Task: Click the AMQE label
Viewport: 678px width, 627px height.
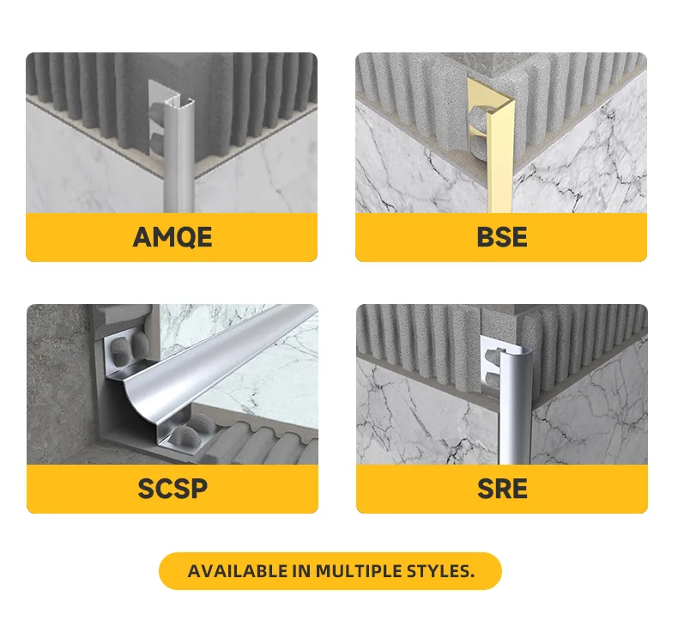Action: pyautogui.click(x=173, y=237)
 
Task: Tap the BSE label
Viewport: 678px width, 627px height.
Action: pyautogui.click(x=501, y=237)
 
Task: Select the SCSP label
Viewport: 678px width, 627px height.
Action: pyautogui.click(x=173, y=489)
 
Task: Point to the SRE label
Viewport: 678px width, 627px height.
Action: pyautogui.click(x=502, y=489)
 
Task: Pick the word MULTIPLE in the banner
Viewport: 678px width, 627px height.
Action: pyautogui.click(x=359, y=571)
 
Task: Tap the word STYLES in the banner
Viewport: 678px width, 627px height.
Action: pyautogui.click(x=440, y=571)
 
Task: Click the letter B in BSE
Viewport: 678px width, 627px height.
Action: pyautogui.click(x=485, y=237)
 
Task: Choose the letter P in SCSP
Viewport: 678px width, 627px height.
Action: pyautogui.click(x=199, y=489)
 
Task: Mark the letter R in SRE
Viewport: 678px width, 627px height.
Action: pyautogui.click(x=502, y=489)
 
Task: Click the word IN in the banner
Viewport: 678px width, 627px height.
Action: pyautogui.click(x=301, y=571)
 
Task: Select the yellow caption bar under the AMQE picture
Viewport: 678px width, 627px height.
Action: pyautogui.click(x=172, y=237)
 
